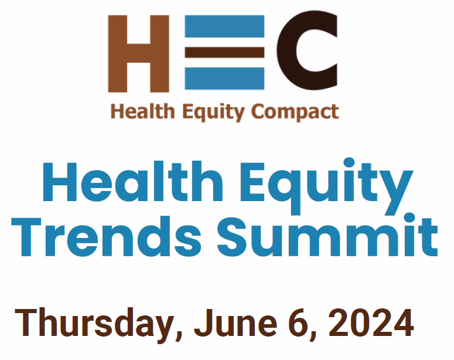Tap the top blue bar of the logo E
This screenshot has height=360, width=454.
(x=224, y=26)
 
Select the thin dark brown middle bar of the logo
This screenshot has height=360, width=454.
(x=224, y=52)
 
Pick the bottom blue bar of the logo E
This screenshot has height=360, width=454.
(x=224, y=78)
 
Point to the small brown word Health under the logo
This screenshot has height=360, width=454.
(x=143, y=111)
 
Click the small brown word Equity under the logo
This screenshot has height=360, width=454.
(x=214, y=113)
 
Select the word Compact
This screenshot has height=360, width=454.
(x=295, y=113)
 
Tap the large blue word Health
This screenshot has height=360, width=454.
(x=132, y=181)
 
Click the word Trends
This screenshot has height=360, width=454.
(x=106, y=236)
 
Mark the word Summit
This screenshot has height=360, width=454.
(x=327, y=235)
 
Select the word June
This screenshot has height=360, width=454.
(x=235, y=322)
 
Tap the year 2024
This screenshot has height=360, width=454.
(x=371, y=322)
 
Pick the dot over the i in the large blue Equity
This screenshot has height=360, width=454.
(x=349, y=162)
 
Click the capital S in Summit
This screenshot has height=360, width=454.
(x=232, y=236)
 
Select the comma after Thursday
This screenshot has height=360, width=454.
(x=179, y=336)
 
